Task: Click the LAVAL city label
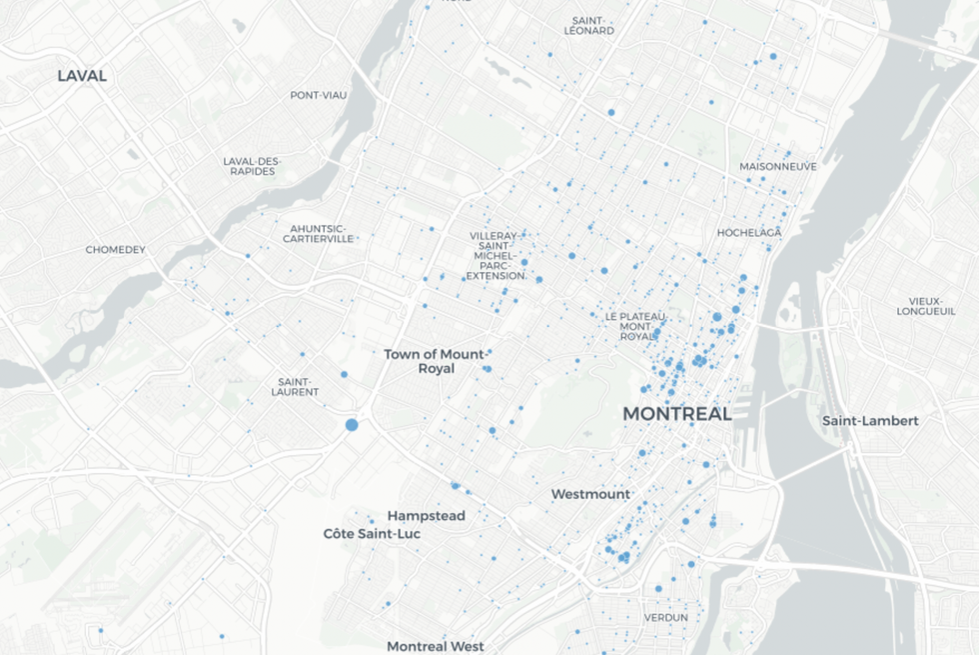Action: [x=82, y=76]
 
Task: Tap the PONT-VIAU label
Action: [x=319, y=95]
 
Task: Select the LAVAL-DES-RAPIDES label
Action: [x=252, y=166]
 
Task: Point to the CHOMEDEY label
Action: [x=115, y=249]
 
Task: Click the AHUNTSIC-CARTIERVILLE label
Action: [x=318, y=234]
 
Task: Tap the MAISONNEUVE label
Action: [x=777, y=166]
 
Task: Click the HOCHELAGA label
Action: [x=748, y=233]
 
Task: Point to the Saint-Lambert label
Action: [x=869, y=421]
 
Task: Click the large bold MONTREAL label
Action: [x=677, y=413]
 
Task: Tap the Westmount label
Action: [x=590, y=494]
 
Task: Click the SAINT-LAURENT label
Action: [x=298, y=386]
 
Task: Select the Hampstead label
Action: [x=426, y=516]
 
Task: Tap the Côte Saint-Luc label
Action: [x=372, y=534]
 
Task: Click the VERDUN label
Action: [x=665, y=617]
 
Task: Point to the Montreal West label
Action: [x=435, y=647]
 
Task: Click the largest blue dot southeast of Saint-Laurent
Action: [x=352, y=425]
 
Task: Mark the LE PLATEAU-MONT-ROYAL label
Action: [x=628, y=326]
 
